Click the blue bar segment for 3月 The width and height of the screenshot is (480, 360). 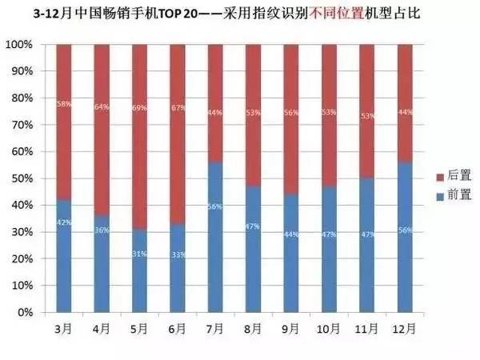click(64, 256)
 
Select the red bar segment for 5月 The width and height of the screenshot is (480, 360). click(140, 136)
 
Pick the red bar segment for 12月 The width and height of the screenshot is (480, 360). click(405, 104)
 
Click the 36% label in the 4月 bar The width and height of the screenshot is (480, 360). click(102, 231)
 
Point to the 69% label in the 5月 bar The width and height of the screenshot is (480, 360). click(140, 107)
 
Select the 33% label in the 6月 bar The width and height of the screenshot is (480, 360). click(178, 255)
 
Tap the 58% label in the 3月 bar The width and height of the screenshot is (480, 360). click(64, 104)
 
